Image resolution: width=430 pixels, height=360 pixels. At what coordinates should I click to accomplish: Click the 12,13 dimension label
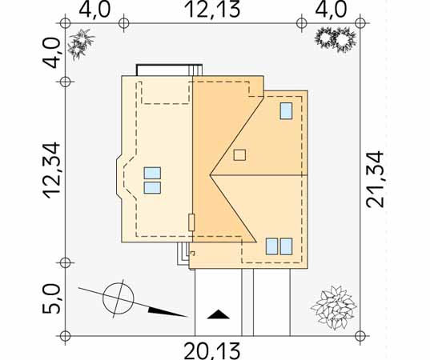coord(212,10)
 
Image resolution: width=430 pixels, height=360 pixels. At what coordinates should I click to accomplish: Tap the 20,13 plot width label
coord(212,350)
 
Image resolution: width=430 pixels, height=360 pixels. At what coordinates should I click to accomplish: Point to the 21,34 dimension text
coord(375,179)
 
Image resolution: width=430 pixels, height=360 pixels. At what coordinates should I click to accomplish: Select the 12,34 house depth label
coord(51,170)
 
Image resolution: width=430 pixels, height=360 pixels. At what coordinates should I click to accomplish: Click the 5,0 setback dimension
coord(51,298)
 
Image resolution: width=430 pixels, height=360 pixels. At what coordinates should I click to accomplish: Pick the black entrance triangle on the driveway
coord(219,314)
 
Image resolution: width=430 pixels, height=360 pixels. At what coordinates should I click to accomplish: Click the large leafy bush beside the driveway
coord(334,307)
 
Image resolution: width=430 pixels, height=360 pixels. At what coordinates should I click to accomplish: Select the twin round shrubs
coord(336,39)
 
